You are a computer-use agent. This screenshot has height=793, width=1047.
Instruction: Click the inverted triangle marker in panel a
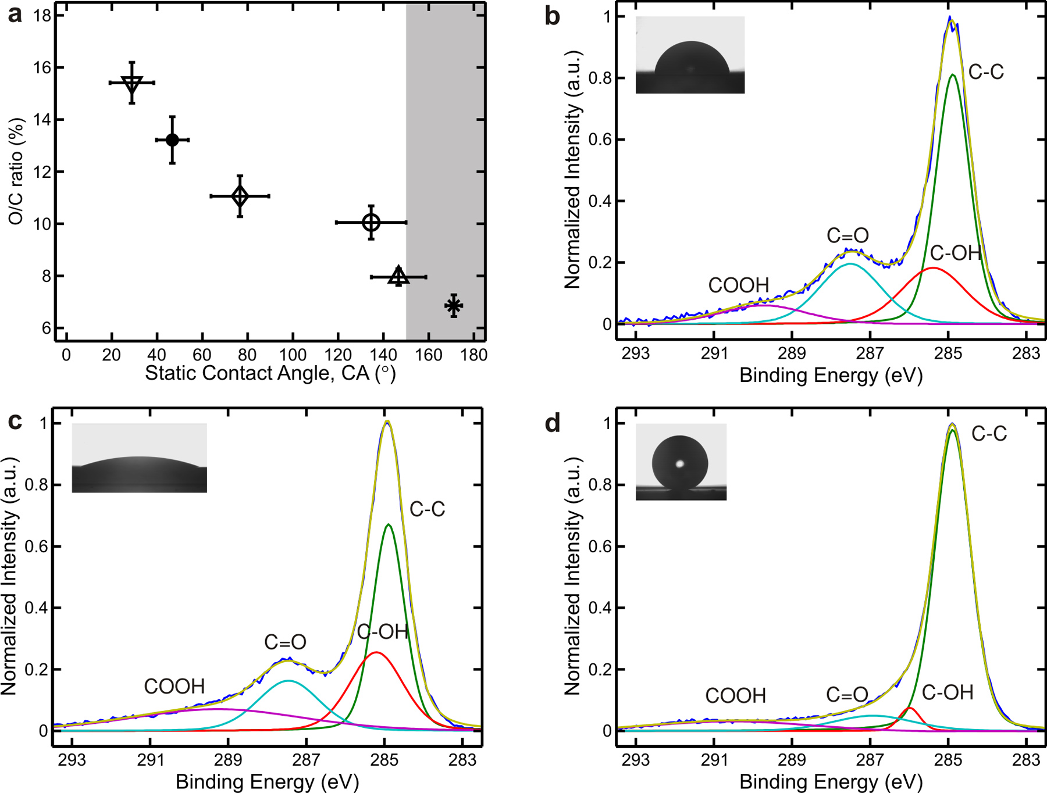[x=132, y=84]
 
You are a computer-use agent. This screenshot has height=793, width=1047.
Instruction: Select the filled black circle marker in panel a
[x=172, y=140]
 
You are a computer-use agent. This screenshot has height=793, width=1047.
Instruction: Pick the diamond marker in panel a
[x=240, y=196]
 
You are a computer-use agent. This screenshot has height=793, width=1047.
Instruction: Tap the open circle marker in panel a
[x=371, y=222]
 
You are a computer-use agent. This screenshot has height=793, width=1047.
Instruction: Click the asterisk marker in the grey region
[x=454, y=306]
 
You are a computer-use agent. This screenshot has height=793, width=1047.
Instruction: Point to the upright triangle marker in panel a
[x=398, y=276]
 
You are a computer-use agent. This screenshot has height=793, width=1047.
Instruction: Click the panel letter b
[x=552, y=16]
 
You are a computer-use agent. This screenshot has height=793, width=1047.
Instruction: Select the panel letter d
[x=552, y=423]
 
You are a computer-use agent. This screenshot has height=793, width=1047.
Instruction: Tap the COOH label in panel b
[x=738, y=285]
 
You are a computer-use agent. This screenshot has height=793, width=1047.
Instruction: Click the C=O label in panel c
[x=285, y=642]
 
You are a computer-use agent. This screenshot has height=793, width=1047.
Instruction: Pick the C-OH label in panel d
[x=948, y=692]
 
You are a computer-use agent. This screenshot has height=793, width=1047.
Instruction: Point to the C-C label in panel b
[x=986, y=72]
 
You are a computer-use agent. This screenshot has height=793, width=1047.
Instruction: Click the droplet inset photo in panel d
[x=681, y=462]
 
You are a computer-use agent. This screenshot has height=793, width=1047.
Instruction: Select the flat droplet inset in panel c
[x=139, y=458]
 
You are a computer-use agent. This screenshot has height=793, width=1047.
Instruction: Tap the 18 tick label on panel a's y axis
[x=42, y=16]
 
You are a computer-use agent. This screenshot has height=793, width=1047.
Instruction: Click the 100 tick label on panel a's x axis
[x=293, y=355]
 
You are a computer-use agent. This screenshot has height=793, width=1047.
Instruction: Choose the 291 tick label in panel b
[x=714, y=353]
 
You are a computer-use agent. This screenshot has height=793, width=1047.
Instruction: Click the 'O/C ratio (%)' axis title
[x=16, y=172]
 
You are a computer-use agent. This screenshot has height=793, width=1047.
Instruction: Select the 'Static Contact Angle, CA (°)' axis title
[x=270, y=373]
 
